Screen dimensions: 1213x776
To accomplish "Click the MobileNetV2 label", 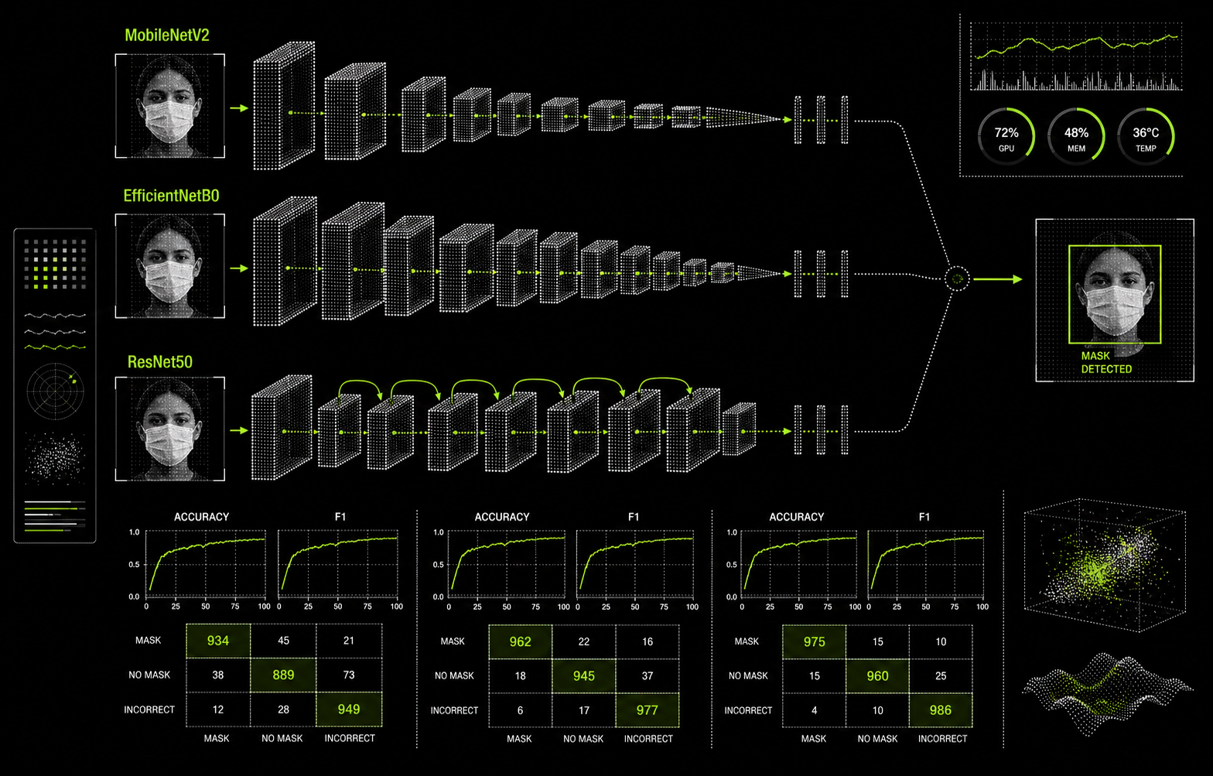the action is (167, 35).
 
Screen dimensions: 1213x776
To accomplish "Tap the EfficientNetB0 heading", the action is (171, 196).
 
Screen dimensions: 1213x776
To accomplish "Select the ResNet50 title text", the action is (159, 362).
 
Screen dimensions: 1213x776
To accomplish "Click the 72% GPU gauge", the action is (1006, 136).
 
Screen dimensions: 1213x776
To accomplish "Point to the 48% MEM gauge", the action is (1076, 136).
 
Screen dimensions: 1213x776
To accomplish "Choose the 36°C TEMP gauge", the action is (1146, 136).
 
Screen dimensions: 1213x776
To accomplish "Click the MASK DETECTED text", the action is (1106, 362).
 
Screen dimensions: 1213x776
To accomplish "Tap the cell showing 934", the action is (218, 641).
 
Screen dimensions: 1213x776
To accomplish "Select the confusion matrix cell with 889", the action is (283, 675).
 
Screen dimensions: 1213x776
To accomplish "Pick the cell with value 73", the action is (349, 675).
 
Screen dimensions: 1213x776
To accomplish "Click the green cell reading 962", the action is (520, 641).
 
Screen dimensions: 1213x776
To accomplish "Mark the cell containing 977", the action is (647, 710).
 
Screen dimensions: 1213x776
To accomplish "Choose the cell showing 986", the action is (941, 710).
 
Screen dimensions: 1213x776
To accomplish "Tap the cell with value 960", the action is (877, 676).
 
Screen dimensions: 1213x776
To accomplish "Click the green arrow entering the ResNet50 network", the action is (239, 430).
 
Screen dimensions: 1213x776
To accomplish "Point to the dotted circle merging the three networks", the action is (957, 279).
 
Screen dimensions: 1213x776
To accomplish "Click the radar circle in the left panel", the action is (55, 391).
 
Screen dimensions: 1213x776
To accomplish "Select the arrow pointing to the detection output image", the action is (998, 279).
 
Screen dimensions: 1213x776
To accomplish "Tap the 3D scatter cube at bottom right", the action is (1105, 565).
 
